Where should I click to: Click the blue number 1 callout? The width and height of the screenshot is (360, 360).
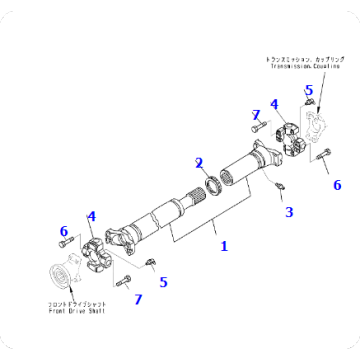coord(224,246)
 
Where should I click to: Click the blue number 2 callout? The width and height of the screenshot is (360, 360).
coord(199,163)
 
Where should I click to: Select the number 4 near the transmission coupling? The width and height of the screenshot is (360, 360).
coord(274,104)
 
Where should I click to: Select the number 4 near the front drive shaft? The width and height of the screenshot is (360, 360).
coord(91,215)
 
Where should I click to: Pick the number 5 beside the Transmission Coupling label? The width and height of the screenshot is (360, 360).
coord(309,91)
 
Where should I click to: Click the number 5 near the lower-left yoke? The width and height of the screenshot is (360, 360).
coord(164,283)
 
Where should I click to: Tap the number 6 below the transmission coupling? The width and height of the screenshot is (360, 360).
coord(337,185)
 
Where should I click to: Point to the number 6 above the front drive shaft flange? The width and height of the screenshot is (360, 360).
coord(63,231)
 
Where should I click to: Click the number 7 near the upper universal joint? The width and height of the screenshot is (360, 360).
coord(256,115)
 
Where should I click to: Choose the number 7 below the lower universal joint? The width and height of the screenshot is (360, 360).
coord(138,299)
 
